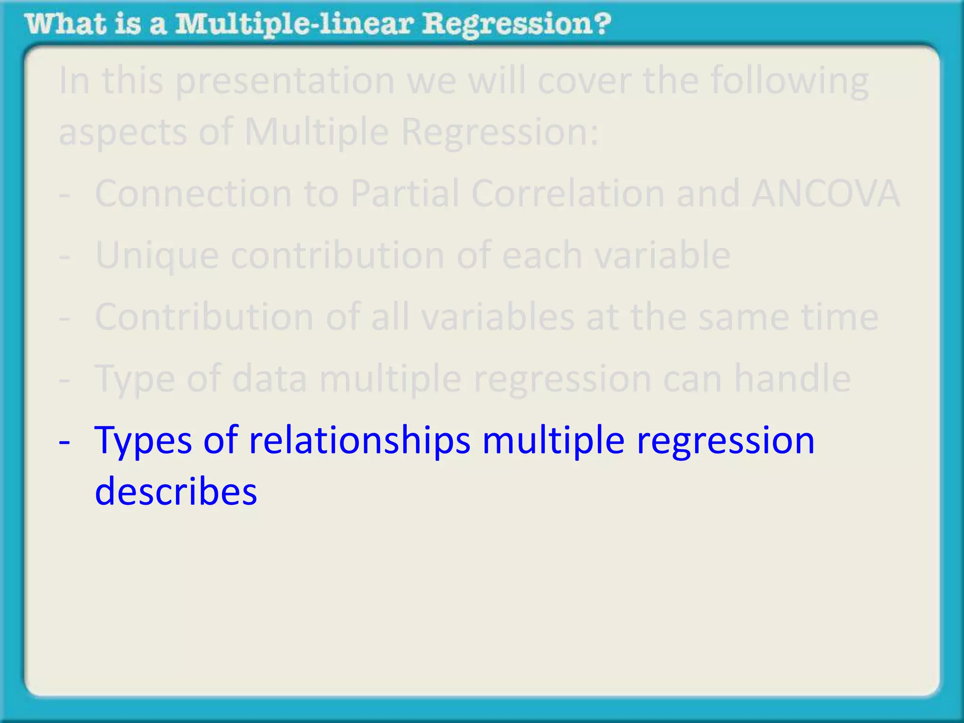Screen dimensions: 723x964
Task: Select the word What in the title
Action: pos(65,24)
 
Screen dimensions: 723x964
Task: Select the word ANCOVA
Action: pos(826,193)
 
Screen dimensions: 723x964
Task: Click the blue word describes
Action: pos(176,491)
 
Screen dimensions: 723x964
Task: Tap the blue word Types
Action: pos(143,442)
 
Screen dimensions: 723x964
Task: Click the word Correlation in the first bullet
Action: pos(568,193)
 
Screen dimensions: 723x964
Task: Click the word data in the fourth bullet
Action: pos(269,378)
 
